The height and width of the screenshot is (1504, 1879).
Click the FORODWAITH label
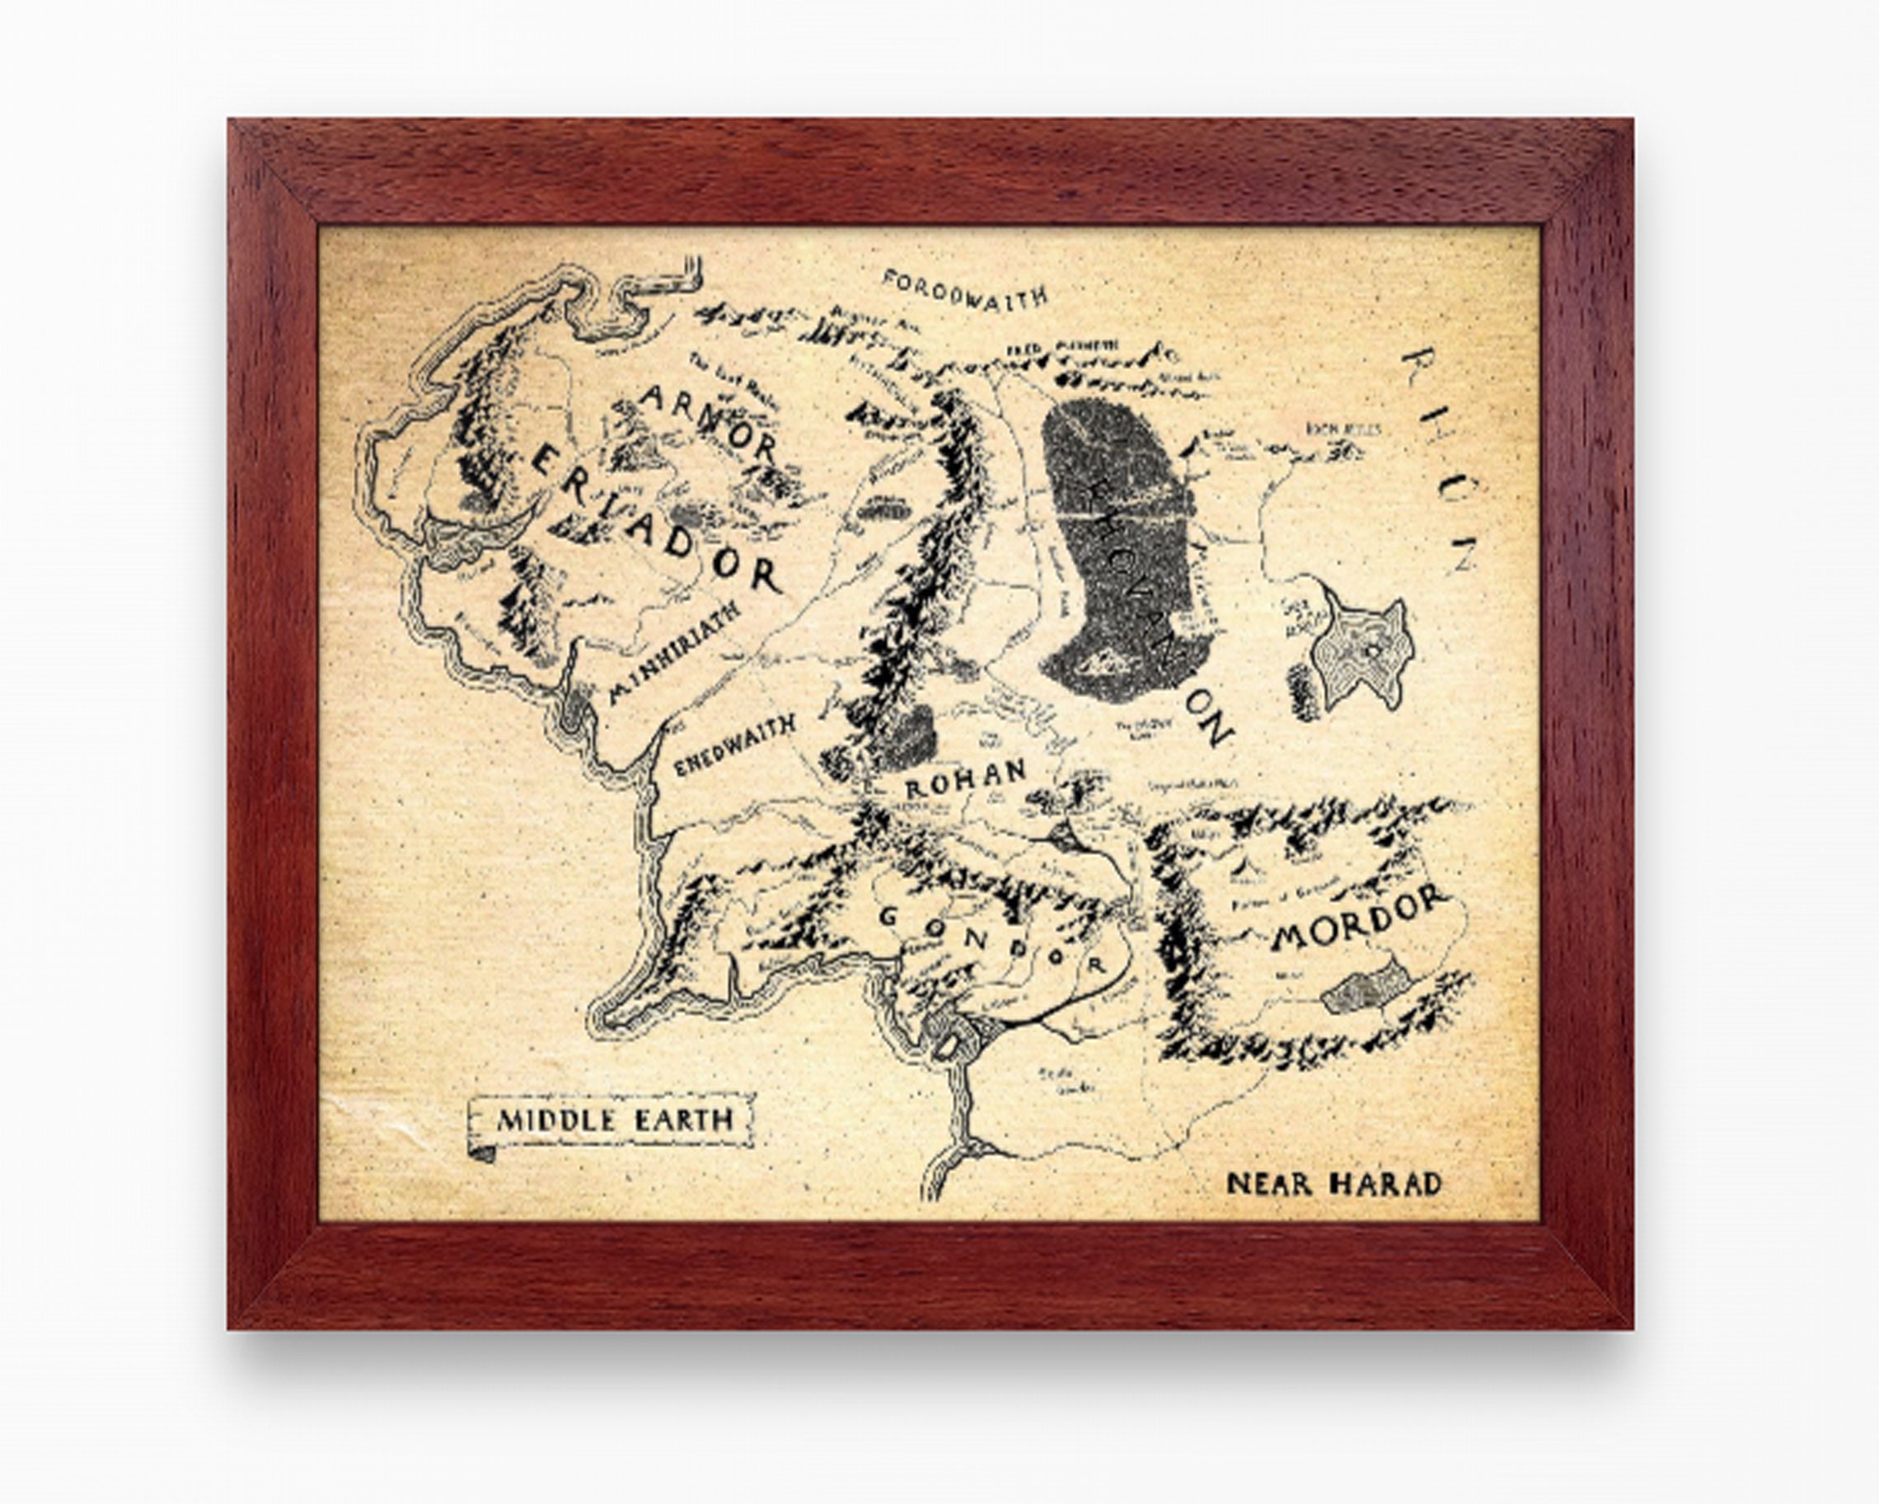(x=964, y=289)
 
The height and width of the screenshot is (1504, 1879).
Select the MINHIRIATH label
(x=675, y=651)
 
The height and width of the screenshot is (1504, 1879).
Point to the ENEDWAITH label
(x=737, y=746)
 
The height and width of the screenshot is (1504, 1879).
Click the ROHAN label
(x=966, y=778)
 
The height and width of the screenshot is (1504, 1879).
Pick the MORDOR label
(x=1360, y=920)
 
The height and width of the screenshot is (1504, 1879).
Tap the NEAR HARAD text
(x=1333, y=1183)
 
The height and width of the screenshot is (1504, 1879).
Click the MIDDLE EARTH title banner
(x=612, y=1121)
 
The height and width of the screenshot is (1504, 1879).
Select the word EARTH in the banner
(x=683, y=1121)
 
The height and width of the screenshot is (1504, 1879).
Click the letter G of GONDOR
(x=889, y=916)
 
